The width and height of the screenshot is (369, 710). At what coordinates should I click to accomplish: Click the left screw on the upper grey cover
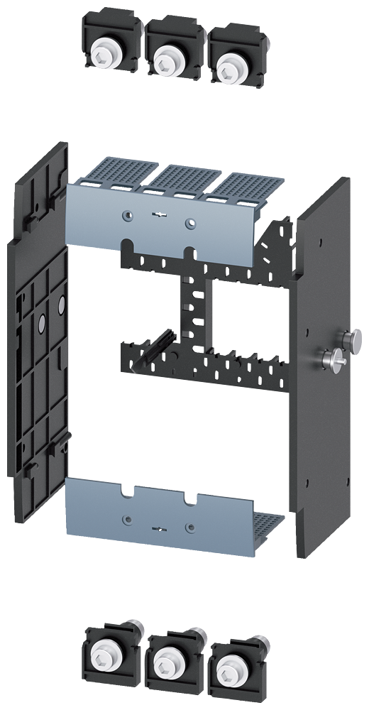point(126,216)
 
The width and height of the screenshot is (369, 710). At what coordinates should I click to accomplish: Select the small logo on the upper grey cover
point(158,212)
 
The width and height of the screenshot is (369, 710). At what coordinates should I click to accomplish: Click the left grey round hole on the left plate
point(41,323)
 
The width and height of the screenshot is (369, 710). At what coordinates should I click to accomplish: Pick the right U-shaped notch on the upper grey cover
point(188,252)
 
